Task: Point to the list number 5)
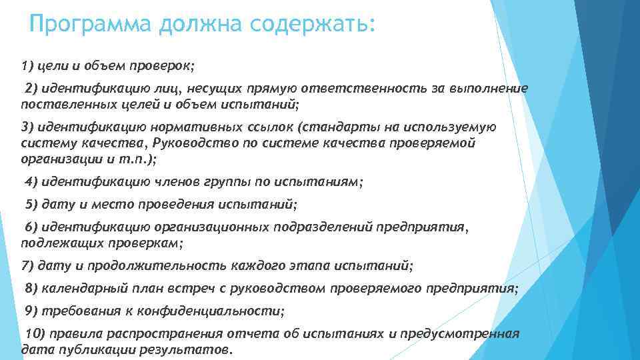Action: (x=31, y=204)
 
